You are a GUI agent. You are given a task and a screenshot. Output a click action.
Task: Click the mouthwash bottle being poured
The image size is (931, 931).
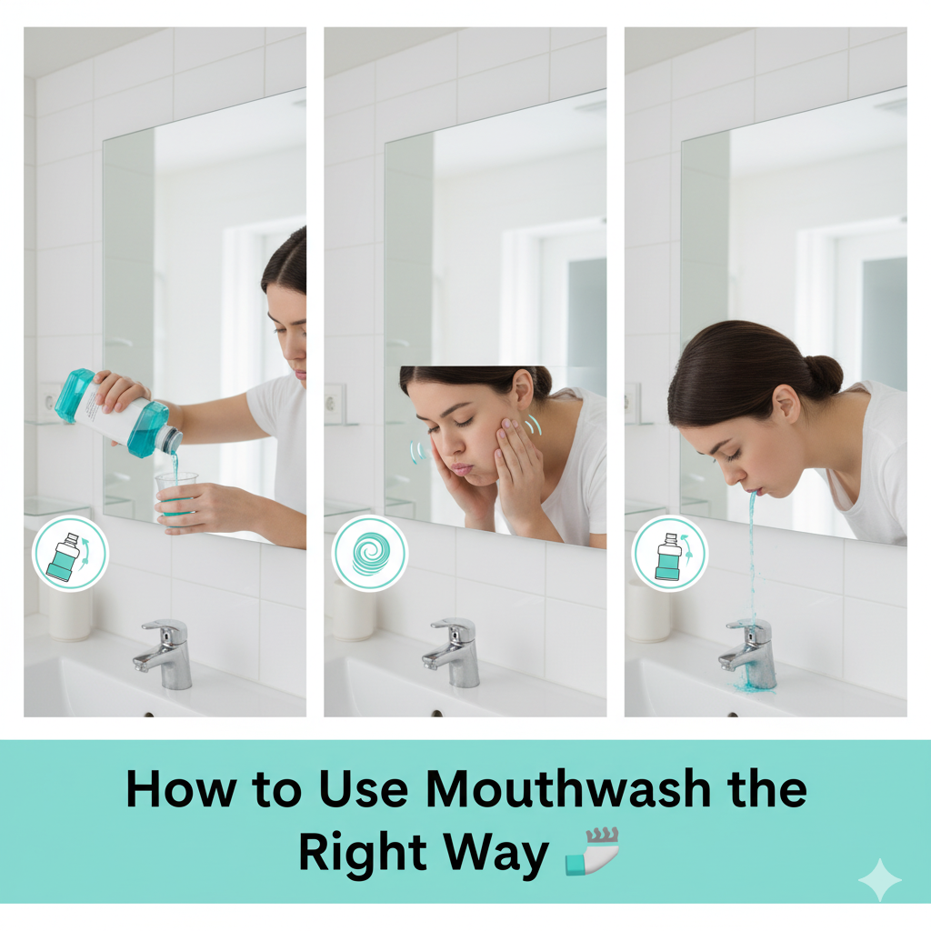coord(118,415)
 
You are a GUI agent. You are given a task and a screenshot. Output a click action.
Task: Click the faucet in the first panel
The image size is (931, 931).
coord(166,653)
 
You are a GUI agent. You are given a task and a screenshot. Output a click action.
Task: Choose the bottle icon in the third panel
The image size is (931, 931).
coord(669,554)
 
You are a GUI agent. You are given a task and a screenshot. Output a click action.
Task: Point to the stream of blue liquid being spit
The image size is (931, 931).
coord(752,555)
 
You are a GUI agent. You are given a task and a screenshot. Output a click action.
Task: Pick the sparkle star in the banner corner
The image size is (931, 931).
coord(878,879)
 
